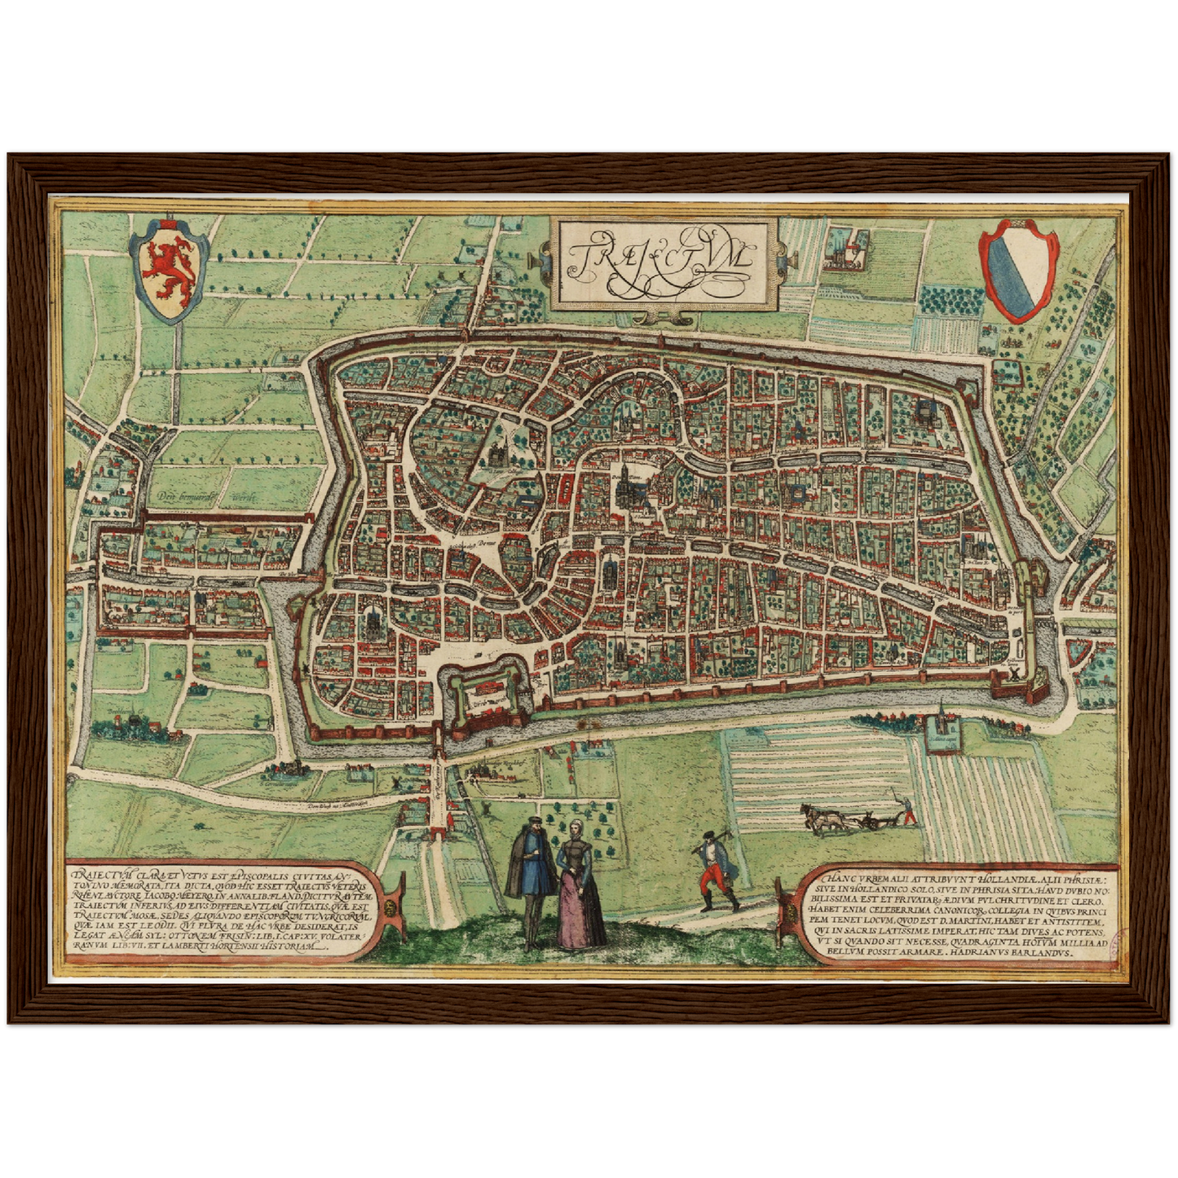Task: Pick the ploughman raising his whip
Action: (907, 810)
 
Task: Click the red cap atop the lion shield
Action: (170, 223)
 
